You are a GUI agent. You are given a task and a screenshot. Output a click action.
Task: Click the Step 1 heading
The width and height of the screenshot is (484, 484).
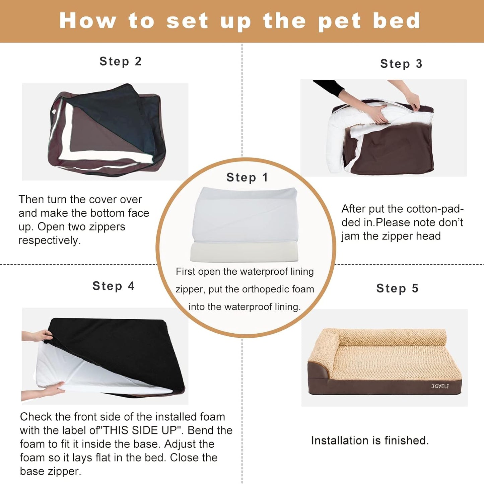tap(247, 177)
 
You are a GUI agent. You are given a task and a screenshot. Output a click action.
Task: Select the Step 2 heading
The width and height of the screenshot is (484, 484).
tap(121, 61)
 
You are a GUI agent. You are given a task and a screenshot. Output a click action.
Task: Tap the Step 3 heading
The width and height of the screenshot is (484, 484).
tap(401, 64)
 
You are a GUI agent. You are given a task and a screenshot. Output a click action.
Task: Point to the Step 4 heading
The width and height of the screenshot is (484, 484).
tap(114, 286)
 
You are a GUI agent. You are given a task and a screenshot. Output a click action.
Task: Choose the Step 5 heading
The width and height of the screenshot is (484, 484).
tap(397, 288)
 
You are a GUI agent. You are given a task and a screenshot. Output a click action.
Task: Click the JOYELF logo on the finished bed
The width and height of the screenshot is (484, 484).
tap(440, 386)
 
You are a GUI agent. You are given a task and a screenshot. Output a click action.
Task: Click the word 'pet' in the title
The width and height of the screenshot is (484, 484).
tap(339, 21)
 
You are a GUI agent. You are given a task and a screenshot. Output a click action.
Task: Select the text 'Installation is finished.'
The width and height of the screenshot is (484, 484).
tap(369, 440)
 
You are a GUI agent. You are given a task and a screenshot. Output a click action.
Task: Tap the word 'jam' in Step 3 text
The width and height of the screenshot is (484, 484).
tap(350, 236)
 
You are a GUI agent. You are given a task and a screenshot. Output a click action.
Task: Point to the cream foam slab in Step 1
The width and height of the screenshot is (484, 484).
tap(245, 252)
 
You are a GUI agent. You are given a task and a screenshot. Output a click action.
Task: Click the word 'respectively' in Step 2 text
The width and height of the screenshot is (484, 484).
tap(49, 240)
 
